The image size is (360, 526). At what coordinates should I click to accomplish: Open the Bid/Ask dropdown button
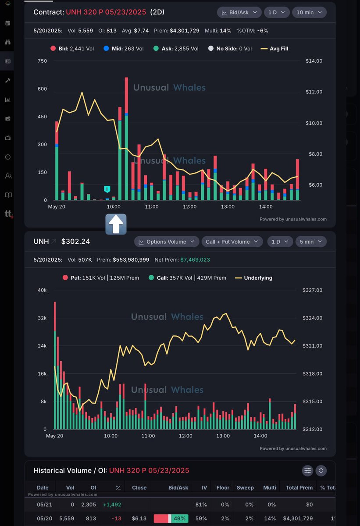tap(239, 12)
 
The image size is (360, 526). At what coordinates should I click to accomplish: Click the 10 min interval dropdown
tap(309, 12)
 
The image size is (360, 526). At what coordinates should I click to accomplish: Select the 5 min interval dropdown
tap(310, 242)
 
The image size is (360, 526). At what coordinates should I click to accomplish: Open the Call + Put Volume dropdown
tap(232, 242)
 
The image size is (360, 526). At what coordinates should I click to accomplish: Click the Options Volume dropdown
tap(167, 242)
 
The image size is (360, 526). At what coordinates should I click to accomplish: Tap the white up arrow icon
tap(116, 224)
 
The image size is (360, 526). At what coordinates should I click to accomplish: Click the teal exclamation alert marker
tap(107, 189)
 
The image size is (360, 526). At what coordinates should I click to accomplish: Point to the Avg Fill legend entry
tap(274, 49)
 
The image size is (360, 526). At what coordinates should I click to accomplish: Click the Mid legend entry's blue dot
tap(106, 48)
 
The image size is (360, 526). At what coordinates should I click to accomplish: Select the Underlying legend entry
tap(253, 278)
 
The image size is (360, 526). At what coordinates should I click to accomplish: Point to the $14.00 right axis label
tap(314, 61)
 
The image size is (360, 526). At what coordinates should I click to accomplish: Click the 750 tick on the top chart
tap(42, 61)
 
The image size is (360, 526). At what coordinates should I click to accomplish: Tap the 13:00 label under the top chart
tap(228, 206)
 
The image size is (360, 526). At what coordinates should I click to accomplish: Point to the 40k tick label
tap(42, 290)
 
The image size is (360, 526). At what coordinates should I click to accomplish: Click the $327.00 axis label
tap(312, 290)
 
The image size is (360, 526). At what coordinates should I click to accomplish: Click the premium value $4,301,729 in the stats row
tap(185, 31)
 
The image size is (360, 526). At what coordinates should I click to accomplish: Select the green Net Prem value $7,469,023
tap(195, 259)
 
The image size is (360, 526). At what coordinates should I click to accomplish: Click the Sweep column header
tap(245, 487)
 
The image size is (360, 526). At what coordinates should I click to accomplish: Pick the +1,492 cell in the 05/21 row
tap(112, 505)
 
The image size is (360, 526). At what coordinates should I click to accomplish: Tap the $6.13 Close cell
tap(139, 518)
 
